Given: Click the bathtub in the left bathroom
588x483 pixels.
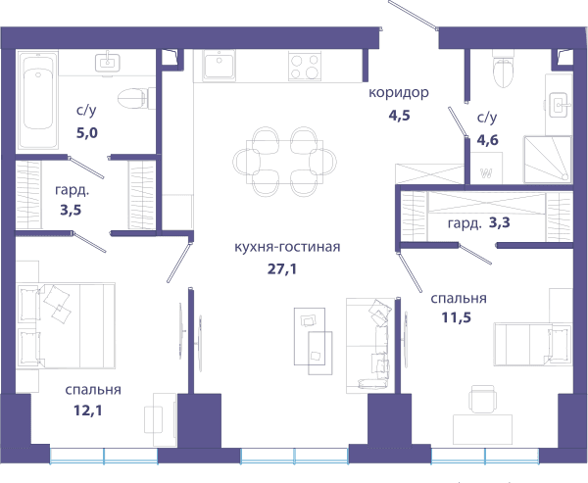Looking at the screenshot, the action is (38, 100).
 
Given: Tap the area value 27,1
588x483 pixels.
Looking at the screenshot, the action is (282, 268).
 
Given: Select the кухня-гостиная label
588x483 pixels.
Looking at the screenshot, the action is (287, 248).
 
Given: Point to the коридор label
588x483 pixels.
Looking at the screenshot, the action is (399, 92).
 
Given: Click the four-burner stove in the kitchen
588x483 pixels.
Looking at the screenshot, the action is (305, 66).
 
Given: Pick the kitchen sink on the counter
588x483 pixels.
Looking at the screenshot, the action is (220, 66).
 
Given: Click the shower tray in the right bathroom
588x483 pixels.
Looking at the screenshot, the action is (548, 160).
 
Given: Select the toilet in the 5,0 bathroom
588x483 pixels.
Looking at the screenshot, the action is (136, 98).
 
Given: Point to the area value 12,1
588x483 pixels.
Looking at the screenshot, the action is (88, 411).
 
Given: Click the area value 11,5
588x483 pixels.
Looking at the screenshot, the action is (457, 317).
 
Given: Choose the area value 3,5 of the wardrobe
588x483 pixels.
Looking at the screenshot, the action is (71, 210).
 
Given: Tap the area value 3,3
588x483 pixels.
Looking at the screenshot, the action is (500, 223).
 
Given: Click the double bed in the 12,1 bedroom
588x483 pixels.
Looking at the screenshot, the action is (66, 325).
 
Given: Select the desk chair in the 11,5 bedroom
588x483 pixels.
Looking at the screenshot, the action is (483, 399).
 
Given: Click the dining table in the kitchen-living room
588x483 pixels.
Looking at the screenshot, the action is (284, 162).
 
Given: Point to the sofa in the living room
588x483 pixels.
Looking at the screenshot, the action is (370, 346).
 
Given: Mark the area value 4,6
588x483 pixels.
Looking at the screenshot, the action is (487, 140).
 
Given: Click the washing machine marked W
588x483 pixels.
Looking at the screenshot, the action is (486, 168).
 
